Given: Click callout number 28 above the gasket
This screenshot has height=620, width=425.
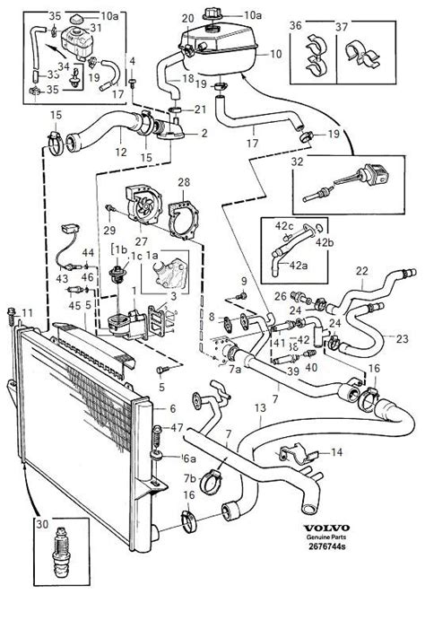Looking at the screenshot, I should (185, 183).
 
